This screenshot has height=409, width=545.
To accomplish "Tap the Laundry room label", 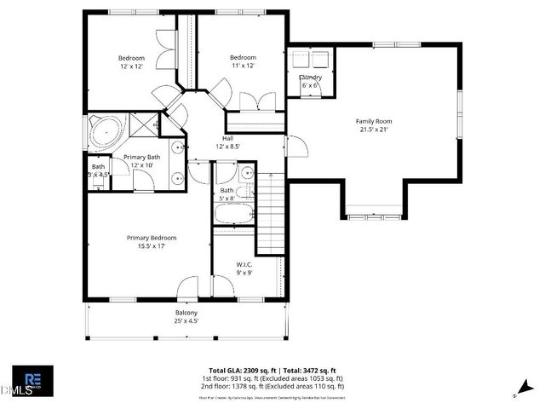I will pyautogui.click(x=310, y=78).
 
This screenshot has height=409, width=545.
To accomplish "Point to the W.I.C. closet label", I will pyautogui.click(x=244, y=265).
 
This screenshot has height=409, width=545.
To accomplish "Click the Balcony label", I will pyautogui.click(x=186, y=313).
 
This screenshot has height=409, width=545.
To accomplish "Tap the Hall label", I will pyautogui.click(x=228, y=138).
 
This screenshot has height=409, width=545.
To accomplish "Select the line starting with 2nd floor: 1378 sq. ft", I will pyautogui.click(x=272, y=388).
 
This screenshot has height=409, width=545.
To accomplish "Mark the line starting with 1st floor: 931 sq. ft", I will pyautogui.click(x=272, y=379).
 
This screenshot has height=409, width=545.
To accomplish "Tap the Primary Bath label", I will pyautogui.click(x=141, y=157).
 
